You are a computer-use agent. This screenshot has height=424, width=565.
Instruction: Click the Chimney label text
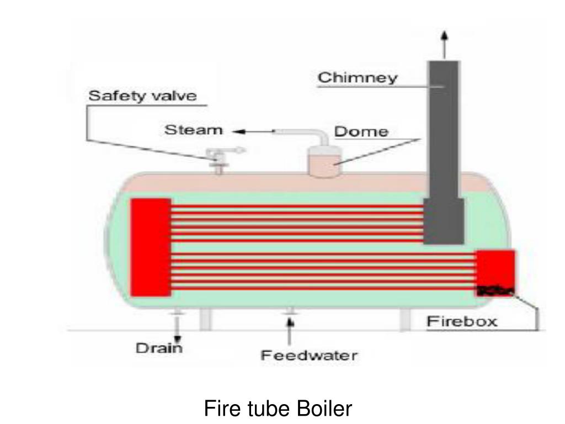point(357,77)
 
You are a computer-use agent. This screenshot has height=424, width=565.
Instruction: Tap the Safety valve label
point(142,96)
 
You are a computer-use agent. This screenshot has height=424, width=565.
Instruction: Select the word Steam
point(194,130)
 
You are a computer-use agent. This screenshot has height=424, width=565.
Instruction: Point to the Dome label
point(361,132)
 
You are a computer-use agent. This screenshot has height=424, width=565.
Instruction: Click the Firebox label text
point(463,321)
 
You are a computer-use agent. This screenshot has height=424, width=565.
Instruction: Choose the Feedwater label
point(308,355)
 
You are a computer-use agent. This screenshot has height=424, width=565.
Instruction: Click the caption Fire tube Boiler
point(278,409)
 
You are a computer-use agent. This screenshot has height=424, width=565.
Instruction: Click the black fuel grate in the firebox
point(495,290)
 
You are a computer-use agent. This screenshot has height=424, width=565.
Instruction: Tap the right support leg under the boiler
point(406,320)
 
